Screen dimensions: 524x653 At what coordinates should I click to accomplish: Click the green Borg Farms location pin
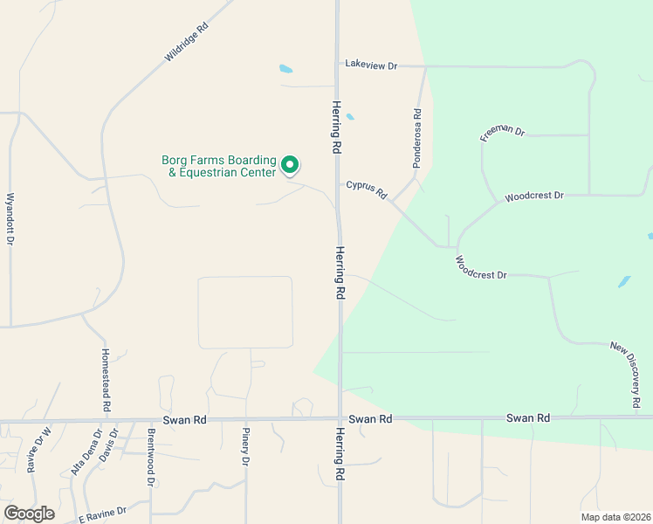coord(290,164)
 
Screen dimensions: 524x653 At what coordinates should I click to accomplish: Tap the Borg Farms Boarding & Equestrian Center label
coord(218,166)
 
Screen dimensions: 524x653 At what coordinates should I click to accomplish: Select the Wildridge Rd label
coord(187,42)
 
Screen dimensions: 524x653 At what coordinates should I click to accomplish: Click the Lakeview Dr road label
coord(371,65)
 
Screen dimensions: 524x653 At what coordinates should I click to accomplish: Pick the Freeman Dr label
coord(502,133)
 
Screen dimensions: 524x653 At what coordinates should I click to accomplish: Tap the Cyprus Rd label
coord(366,190)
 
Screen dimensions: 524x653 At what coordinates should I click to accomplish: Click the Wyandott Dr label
coord(10,218)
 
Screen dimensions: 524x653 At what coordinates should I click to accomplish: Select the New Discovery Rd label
coord(626,375)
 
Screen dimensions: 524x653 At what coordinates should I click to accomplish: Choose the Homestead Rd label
coord(106,381)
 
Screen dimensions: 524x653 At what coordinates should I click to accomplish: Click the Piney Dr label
coord(246,446)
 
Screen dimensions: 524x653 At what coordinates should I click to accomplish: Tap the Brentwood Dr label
coord(151,457)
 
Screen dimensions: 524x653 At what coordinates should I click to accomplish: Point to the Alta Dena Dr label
coord(86,452)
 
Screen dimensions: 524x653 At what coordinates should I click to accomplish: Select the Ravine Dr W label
coord(39,448)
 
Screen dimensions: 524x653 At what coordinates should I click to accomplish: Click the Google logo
coord(29,514)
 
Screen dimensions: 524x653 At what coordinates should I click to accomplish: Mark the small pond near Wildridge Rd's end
coord(285,69)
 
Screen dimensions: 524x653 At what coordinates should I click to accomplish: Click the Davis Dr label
coord(107,445)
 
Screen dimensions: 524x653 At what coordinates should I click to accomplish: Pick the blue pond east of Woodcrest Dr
coord(624,282)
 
